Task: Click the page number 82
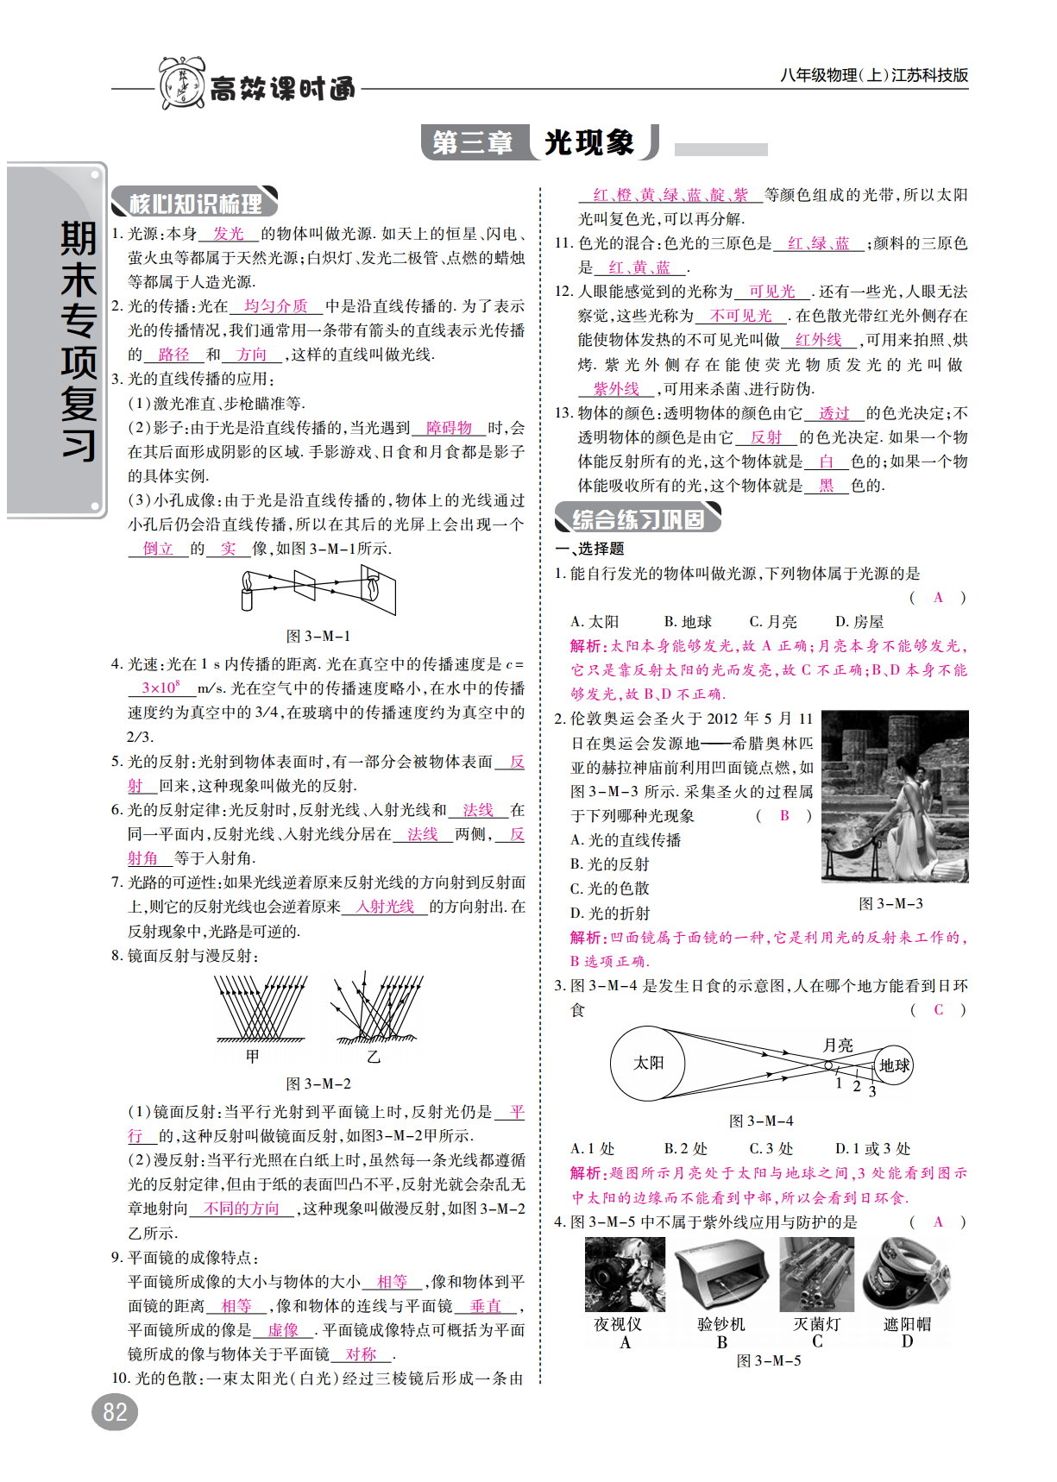click(x=115, y=1412)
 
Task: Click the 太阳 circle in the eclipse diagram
click(x=648, y=1064)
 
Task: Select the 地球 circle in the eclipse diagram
click(x=893, y=1065)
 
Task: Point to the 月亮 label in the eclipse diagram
click(x=837, y=1045)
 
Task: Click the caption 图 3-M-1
click(x=318, y=637)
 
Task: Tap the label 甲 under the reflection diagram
click(x=252, y=1056)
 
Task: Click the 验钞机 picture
click(x=722, y=1275)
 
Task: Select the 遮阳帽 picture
click(x=907, y=1275)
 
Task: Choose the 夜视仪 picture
click(x=625, y=1275)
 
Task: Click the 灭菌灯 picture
click(x=816, y=1275)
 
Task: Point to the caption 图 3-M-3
click(x=890, y=904)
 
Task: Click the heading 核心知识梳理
click(x=195, y=204)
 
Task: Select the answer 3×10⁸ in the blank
click(x=161, y=688)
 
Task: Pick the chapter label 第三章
click(x=473, y=142)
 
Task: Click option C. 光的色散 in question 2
click(x=609, y=889)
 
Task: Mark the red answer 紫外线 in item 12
click(x=616, y=389)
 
